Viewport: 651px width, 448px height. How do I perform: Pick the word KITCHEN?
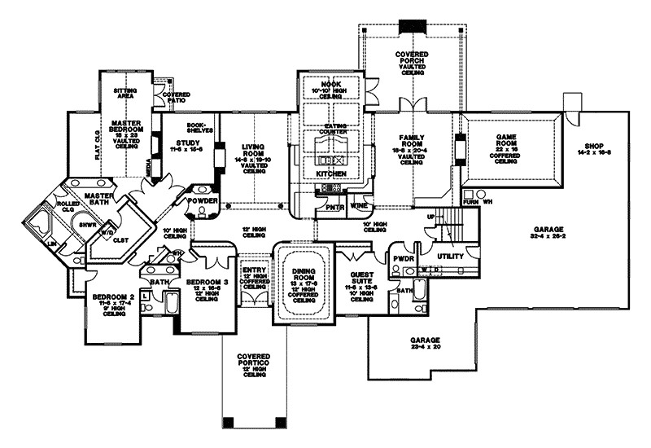tap(331, 174)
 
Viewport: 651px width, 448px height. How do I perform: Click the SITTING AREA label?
tap(129, 94)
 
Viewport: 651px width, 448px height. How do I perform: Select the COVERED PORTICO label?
tap(256, 358)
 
